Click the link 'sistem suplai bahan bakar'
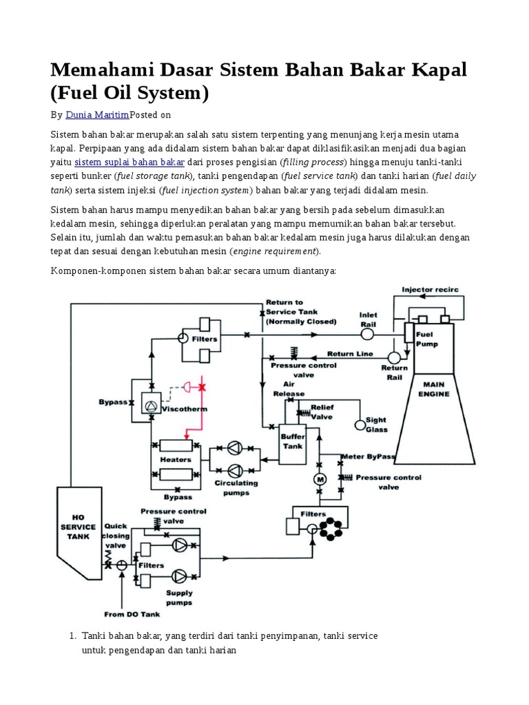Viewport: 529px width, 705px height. click(x=129, y=162)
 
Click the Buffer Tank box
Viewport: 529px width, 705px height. click(x=291, y=441)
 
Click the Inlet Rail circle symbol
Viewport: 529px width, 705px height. click(x=368, y=334)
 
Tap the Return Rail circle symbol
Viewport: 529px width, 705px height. click(x=395, y=357)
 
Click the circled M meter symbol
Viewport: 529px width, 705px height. click(x=319, y=478)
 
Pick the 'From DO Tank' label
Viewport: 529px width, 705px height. click(x=128, y=614)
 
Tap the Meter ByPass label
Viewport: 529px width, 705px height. click(x=369, y=456)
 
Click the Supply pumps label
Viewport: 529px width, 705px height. click(x=180, y=596)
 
